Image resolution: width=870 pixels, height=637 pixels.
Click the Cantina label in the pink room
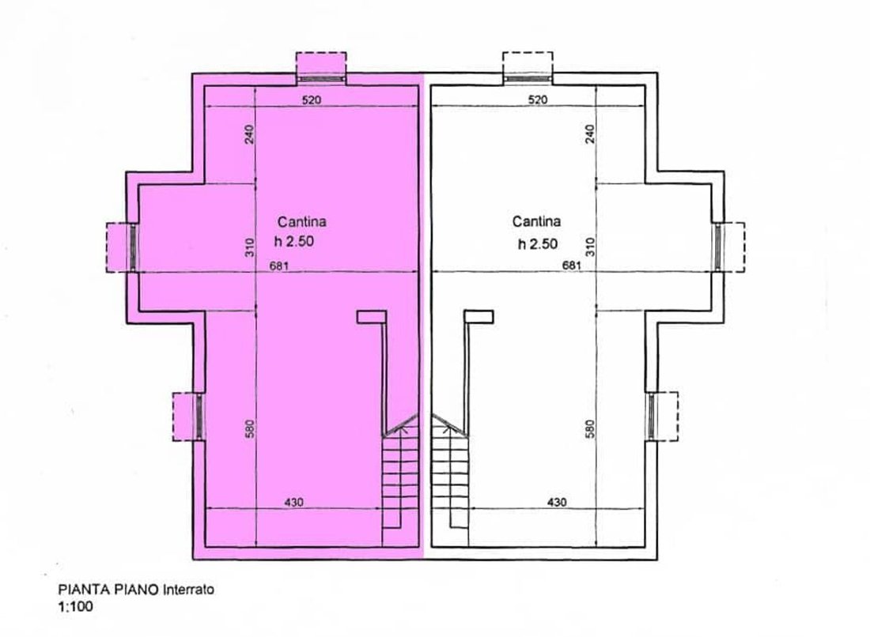(x=302, y=222)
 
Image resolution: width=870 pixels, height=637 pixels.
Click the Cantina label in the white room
(x=536, y=222)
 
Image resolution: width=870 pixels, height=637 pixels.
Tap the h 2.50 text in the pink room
(x=294, y=242)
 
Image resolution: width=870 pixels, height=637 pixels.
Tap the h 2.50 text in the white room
(x=537, y=244)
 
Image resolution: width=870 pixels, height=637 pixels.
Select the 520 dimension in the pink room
(x=312, y=100)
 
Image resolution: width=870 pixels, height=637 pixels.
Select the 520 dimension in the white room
(x=538, y=100)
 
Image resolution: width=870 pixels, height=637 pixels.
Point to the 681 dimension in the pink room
(x=279, y=266)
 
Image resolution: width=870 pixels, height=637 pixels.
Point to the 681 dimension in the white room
(x=572, y=266)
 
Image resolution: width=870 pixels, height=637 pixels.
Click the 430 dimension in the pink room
(x=293, y=503)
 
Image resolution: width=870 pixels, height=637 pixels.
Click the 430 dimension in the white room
(x=557, y=503)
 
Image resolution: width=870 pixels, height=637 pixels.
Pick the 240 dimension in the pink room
(x=249, y=134)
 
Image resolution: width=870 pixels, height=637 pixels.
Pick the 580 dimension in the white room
(x=589, y=428)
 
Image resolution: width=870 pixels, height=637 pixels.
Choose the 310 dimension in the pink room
(x=250, y=247)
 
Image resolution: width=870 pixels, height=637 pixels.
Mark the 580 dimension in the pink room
(x=250, y=428)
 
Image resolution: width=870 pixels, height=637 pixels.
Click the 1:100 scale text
(x=75, y=606)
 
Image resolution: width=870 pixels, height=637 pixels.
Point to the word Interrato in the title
(x=188, y=590)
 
